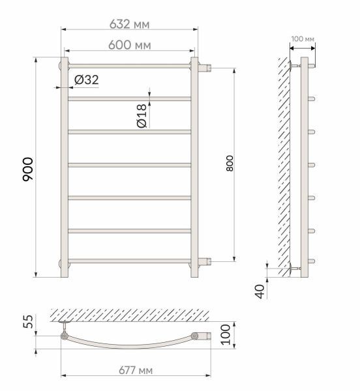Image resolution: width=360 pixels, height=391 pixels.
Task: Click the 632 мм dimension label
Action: [130, 24]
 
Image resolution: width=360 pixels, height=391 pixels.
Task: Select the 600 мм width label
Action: [130, 45]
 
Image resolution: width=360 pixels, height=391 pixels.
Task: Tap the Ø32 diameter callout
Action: [86, 80]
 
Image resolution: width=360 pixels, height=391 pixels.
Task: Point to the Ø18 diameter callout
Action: [142, 116]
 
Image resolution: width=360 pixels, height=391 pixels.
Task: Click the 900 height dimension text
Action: [27, 169]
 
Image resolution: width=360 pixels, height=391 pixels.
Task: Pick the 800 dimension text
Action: [230, 164]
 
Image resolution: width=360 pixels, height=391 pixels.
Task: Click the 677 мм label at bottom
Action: [136, 370]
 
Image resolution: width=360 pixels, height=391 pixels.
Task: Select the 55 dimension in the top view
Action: [28, 322]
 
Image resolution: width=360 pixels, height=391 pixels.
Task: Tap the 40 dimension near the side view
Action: [260, 291]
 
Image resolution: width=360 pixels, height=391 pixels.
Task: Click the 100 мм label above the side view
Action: [303, 39]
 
